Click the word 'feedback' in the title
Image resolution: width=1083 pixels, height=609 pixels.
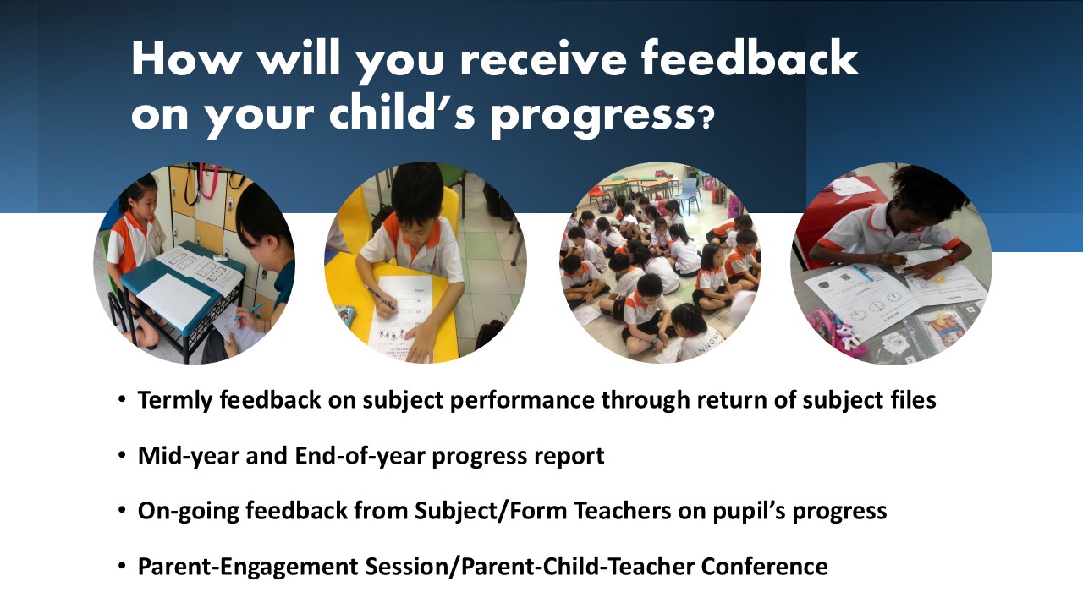(750, 58)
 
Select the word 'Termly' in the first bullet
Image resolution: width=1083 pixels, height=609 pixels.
(175, 401)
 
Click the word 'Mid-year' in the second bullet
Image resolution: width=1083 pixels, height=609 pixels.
(189, 456)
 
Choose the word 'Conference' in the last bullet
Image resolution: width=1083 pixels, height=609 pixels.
(764, 567)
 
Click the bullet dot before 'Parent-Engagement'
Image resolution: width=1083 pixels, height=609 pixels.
(122, 565)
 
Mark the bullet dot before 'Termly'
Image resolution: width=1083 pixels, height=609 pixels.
(122, 398)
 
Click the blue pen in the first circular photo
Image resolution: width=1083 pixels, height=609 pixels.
(250, 310)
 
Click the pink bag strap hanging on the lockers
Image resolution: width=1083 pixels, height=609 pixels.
(209, 182)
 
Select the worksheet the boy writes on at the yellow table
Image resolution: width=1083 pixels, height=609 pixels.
(401, 319)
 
